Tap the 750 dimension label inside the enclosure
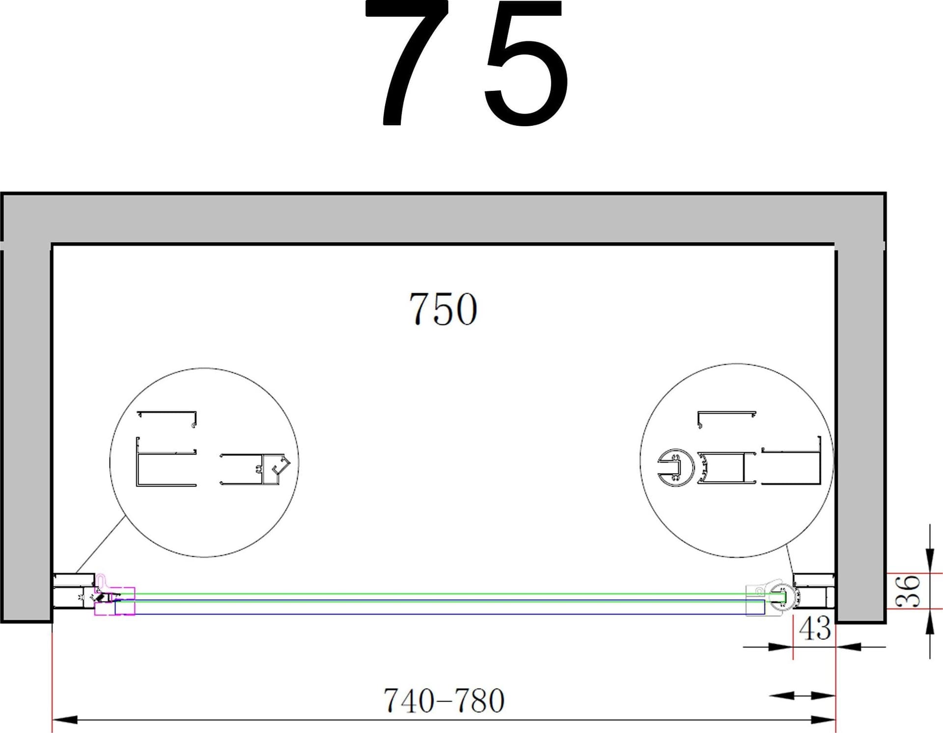(443, 309)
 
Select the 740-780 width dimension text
(444, 701)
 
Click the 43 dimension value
(815, 628)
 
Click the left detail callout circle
(110, 463)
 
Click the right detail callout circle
(640, 460)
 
